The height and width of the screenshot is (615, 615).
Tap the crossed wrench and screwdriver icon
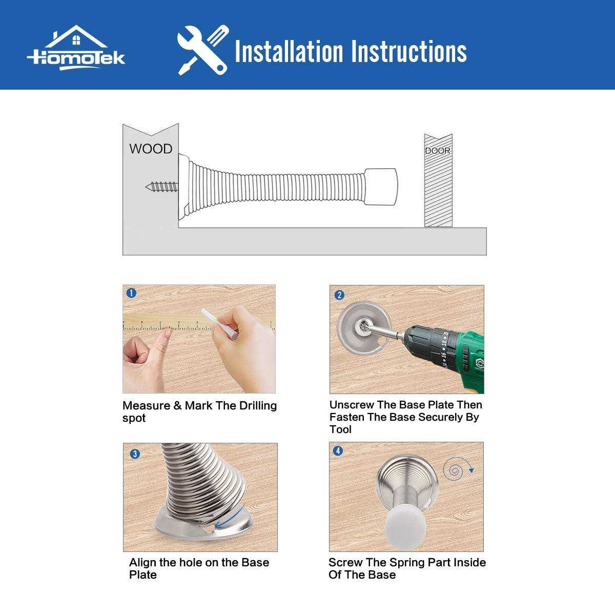click(202, 50)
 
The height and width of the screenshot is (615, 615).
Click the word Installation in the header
click(289, 51)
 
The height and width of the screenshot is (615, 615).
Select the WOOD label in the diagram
click(150, 149)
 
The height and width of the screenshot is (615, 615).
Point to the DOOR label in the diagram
click(438, 151)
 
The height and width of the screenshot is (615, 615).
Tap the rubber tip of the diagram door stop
click(381, 186)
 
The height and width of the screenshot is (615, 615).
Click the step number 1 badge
click(131, 293)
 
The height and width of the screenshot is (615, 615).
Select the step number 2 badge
click(338, 295)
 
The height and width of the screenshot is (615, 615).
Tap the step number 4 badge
click(338, 451)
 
